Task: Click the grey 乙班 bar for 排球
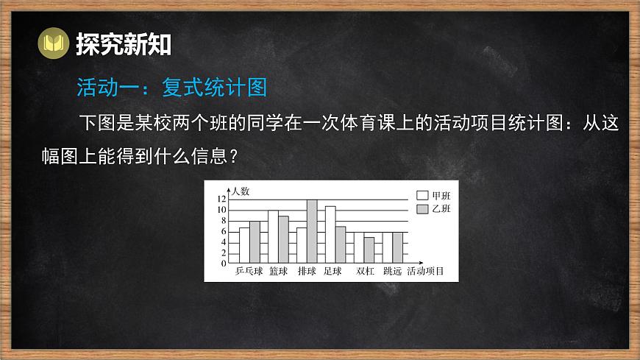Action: click(312, 232)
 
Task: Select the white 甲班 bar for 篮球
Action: click(273, 237)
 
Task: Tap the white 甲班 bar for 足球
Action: click(330, 235)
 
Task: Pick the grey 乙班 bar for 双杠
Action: click(369, 250)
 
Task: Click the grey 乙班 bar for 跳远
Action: click(397, 247)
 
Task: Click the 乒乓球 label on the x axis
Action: click(249, 271)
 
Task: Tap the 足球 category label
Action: click(333, 271)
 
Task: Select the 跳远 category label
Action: click(392, 271)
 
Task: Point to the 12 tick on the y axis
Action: click(221, 200)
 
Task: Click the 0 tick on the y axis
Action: click(224, 263)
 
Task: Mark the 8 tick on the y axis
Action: click(224, 221)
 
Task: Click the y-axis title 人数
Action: click(241, 191)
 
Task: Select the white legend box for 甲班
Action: click(422, 196)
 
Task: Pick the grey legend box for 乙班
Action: click(422, 210)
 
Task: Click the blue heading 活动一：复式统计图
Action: click(171, 88)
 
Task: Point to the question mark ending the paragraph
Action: click(235, 157)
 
